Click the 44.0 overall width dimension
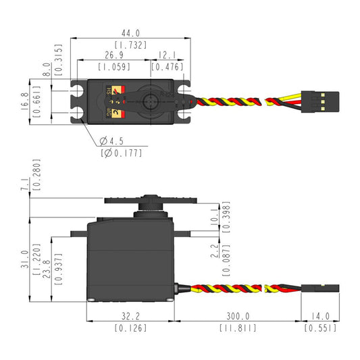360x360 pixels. [x=130, y=32]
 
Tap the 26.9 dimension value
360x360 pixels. [x=113, y=55]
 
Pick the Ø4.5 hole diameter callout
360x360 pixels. [x=113, y=141]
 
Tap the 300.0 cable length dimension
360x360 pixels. [x=237, y=315]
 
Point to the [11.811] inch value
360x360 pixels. [x=237, y=328]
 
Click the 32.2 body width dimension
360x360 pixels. [x=130, y=315]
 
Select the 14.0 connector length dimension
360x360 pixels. [x=320, y=315]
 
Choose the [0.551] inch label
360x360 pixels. [x=320, y=328]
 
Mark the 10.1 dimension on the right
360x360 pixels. [x=215, y=216]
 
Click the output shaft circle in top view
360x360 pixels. [x=151, y=102]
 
